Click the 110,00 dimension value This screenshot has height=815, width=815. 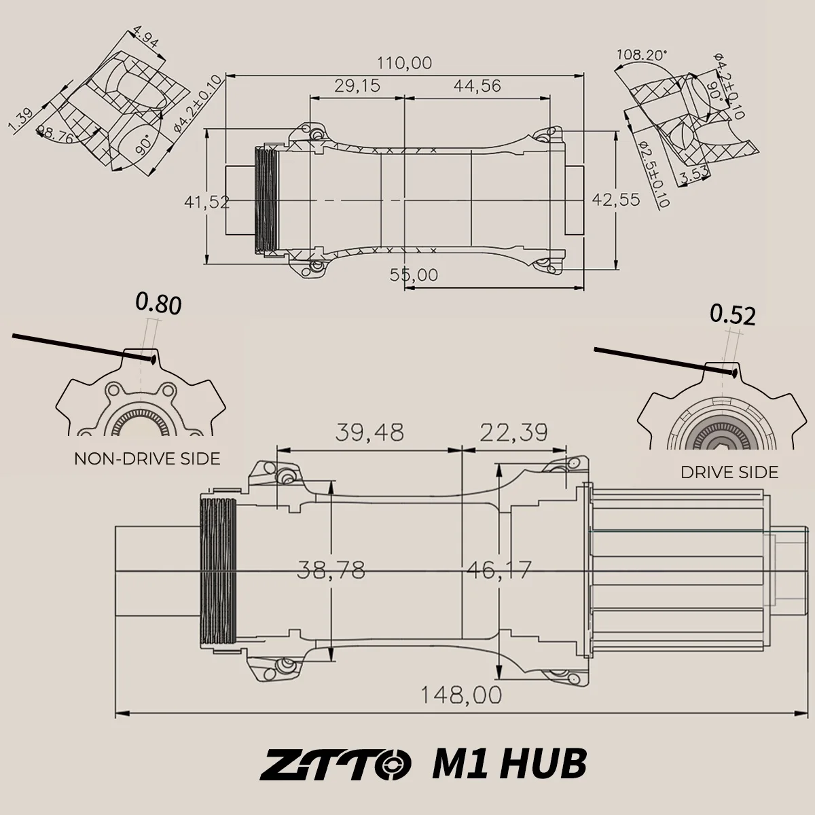[404, 63]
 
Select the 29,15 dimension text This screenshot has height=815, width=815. [357, 86]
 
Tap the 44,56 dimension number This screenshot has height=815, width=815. [477, 86]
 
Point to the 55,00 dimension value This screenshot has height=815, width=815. [414, 275]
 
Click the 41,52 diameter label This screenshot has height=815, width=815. [207, 202]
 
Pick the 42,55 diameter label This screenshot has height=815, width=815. [616, 200]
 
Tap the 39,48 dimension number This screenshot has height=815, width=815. [369, 432]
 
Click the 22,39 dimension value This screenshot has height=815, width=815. [514, 432]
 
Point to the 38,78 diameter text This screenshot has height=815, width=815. [331, 570]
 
